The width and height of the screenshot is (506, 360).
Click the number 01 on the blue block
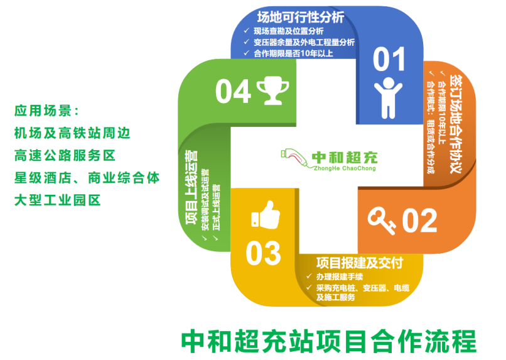coord(389,59)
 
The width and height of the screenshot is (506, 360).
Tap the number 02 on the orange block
coord(419,220)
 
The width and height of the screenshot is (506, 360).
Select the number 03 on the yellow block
coord(263,253)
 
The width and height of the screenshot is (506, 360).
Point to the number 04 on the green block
coord(233,91)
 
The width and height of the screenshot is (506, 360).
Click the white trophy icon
coord(272,90)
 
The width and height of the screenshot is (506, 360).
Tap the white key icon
coord(382,221)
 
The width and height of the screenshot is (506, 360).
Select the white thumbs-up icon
coord(266,215)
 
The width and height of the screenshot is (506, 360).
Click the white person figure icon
coord(388,98)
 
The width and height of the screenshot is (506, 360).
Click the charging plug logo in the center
coord(294,158)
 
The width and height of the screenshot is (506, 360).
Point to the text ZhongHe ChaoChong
coord(345,168)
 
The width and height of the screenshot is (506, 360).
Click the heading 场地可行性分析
coord(301,17)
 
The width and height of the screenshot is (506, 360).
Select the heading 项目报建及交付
coord(360,263)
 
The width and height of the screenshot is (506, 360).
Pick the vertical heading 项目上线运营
coord(191,187)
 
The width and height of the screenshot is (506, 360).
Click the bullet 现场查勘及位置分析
coord(289,31)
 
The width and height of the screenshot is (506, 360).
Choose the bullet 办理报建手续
coord(340,276)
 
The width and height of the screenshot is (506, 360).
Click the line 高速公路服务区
coord(65,156)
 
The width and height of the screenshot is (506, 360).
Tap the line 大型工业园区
coord(57,200)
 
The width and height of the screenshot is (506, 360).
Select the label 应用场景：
coord(46,111)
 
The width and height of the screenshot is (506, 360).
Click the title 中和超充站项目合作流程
coord(328,341)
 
